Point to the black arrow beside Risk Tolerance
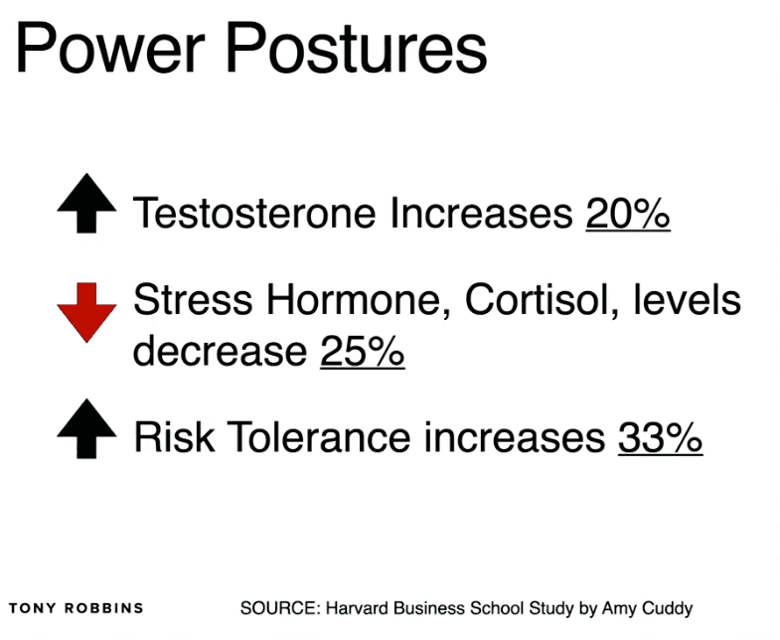87,429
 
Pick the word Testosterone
254,213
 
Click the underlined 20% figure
628,213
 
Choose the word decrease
220,351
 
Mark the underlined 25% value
363,351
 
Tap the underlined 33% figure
660,437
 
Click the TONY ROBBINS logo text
77,607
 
